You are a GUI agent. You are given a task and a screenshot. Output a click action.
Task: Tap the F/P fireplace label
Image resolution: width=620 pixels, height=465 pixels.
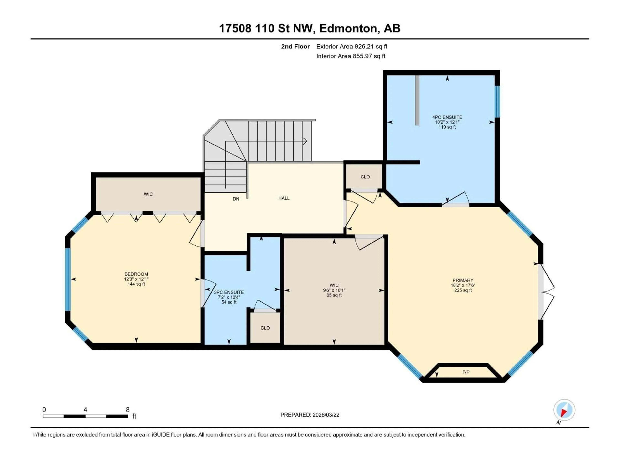point(465,372)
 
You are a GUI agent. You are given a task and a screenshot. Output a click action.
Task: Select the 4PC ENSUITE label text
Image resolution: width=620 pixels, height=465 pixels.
point(447,117)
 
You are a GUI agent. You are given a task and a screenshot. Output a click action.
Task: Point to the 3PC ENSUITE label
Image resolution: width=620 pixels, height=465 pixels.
point(229,292)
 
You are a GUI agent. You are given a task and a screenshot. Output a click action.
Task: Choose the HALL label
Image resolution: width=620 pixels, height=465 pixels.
point(284,198)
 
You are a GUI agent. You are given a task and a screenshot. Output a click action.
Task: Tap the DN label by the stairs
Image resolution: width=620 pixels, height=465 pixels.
point(236,199)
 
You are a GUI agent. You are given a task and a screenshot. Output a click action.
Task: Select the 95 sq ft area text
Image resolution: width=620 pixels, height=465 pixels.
point(334,295)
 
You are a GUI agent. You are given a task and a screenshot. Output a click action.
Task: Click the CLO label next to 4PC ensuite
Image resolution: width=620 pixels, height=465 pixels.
point(365,177)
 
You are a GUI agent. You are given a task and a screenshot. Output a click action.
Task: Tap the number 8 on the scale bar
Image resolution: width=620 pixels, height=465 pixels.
point(128,409)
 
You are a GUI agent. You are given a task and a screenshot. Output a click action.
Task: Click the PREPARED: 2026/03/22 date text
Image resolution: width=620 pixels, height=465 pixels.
point(310,415)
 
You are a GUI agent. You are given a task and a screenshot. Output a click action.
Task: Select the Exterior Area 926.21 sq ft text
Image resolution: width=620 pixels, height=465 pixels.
point(352,46)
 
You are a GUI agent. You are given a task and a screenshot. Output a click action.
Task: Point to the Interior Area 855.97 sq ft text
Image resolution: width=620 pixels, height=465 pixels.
point(351,56)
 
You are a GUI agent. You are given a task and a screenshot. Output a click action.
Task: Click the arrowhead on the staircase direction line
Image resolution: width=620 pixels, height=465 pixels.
point(305,141)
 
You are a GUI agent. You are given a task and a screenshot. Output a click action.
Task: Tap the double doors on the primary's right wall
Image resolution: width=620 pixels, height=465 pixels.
point(547,291)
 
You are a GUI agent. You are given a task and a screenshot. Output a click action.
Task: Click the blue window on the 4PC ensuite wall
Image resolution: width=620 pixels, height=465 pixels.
point(497,101)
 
